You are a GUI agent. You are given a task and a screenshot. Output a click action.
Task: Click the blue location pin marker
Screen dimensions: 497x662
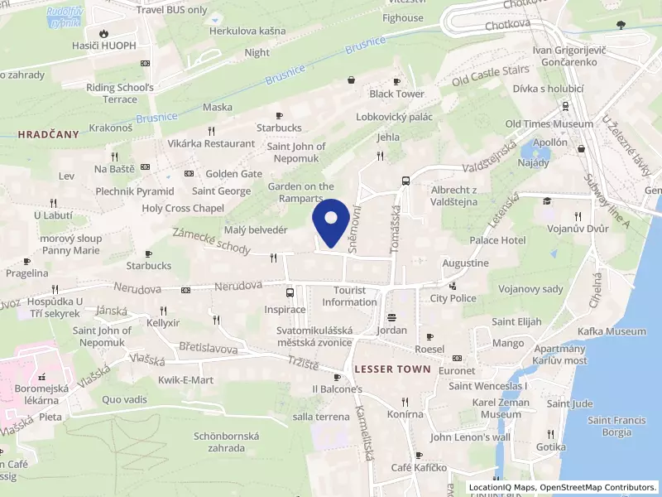pos(332,223)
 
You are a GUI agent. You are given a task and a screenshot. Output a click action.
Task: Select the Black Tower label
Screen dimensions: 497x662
pos(396,94)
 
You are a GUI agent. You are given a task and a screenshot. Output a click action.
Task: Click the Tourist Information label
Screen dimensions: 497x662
pos(350,297)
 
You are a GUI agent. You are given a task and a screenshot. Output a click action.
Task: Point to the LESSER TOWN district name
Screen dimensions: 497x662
pos(391,369)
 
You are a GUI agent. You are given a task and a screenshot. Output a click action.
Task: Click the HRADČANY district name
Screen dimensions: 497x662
pos(48,133)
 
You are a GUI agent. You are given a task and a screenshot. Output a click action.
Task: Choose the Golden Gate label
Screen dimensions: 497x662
pos(234,174)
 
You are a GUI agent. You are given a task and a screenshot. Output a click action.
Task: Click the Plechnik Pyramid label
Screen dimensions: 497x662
pos(134,191)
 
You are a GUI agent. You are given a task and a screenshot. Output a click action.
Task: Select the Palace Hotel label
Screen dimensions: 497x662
pos(497,240)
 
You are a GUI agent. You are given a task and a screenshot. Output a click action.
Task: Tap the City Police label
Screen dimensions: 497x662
pos(453,298)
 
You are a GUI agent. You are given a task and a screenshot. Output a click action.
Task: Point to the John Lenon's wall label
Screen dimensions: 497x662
pos(470,437)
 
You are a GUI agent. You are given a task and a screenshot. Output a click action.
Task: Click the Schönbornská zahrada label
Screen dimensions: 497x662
pos(226,442)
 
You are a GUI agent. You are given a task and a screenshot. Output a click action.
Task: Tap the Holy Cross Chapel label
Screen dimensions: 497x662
pos(184,209)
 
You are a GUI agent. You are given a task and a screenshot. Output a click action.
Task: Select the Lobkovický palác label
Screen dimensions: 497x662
pos(394,117)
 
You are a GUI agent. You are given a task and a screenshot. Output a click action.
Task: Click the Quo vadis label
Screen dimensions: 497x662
pos(124,398)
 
